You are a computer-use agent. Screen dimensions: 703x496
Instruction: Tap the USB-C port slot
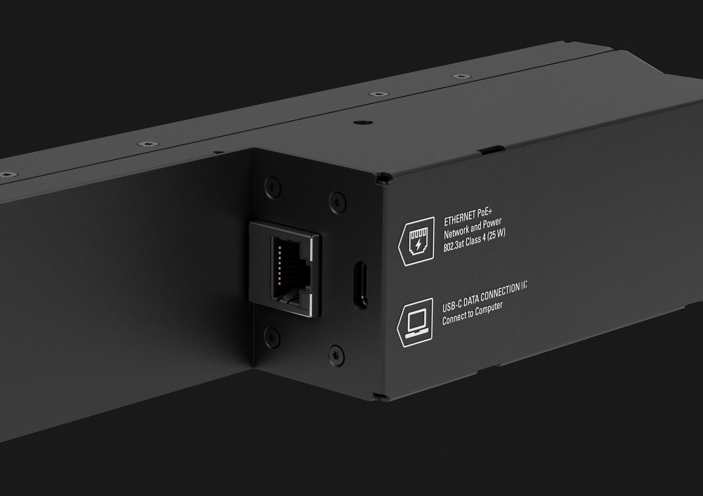361,285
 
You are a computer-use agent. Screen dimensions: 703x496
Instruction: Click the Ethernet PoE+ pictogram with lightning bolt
417,241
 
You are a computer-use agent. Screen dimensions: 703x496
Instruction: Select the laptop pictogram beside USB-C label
415,323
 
